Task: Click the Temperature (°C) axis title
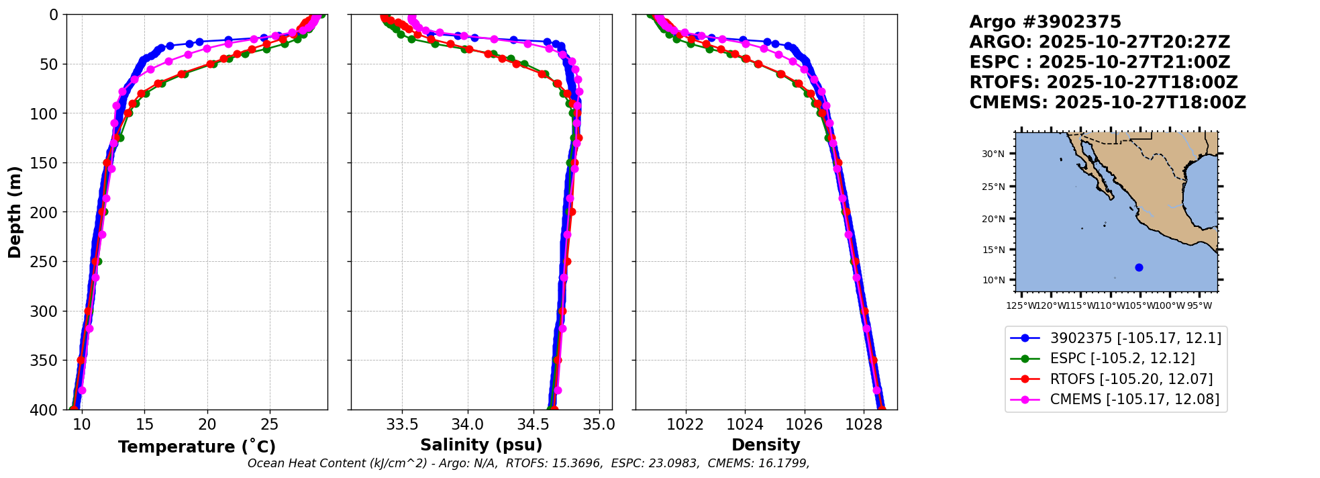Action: (197, 447)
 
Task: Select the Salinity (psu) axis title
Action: (481, 445)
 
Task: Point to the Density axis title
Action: (766, 445)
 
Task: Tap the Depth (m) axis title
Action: (15, 212)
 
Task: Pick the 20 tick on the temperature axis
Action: (207, 424)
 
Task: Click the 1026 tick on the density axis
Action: (804, 424)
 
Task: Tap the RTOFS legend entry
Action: (1131, 379)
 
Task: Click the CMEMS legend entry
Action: (1134, 399)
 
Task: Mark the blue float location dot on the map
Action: (1139, 267)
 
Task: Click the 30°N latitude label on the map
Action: (993, 154)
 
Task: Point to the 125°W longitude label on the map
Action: (1020, 306)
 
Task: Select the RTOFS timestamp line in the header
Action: (1103, 83)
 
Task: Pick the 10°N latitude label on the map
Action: (993, 280)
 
